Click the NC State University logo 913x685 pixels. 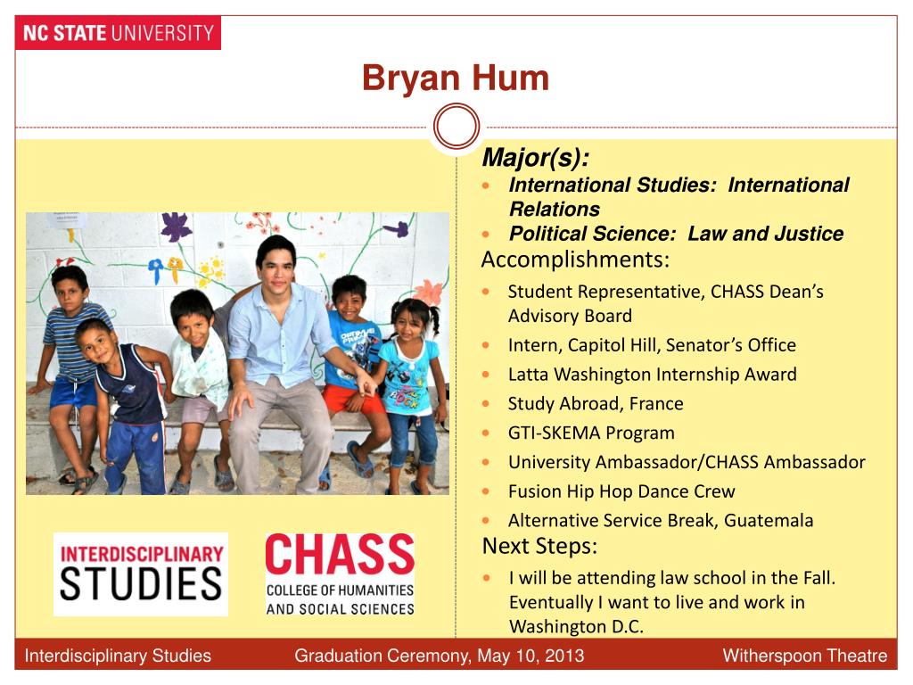tap(118, 34)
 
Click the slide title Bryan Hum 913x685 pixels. tap(455, 78)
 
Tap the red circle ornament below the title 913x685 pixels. tap(456, 127)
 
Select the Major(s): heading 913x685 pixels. tap(535, 158)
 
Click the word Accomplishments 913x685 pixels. tap(575, 260)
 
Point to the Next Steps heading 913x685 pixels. tap(539, 545)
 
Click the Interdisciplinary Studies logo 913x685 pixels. tap(141, 574)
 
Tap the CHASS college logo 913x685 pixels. tap(340, 574)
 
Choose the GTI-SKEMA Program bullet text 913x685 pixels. tap(591, 433)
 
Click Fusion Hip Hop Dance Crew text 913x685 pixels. tap(621, 491)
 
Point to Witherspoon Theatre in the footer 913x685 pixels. tap(804, 656)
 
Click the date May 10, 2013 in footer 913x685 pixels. tap(531, 656)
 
